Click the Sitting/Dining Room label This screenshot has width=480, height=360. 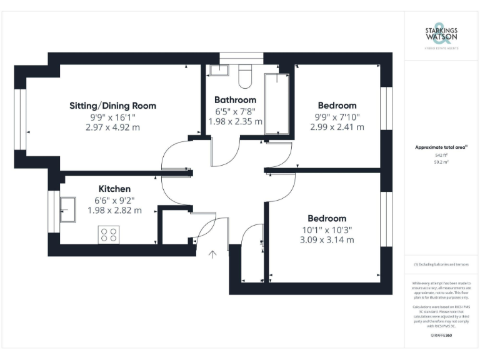coord(112,106)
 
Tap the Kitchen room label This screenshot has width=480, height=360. coord(114,189)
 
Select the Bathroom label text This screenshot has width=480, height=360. coord(235,100)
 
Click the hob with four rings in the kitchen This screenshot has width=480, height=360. coord(108,235)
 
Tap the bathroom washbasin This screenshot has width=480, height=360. coord(219,70)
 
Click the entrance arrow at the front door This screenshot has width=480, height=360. coord(212,254)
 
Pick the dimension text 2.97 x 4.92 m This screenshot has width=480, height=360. coord(112,127)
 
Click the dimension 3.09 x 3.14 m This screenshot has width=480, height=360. coord(327,240)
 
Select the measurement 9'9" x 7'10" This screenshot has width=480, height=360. coord(337,116)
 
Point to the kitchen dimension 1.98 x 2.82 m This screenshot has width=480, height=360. coord(114,210)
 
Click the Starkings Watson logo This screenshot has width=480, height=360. coord(441,36)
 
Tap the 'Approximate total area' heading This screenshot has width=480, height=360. coord(441,147)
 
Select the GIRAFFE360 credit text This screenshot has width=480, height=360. coord(441,336)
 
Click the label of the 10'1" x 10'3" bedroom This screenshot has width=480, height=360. coord(327,218)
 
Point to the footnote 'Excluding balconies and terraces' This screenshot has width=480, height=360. coord(441,264)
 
